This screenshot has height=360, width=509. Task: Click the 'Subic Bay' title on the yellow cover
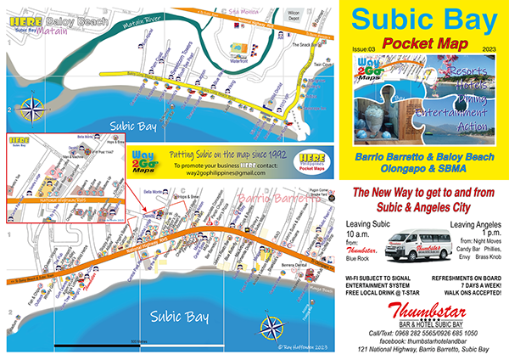421,20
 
